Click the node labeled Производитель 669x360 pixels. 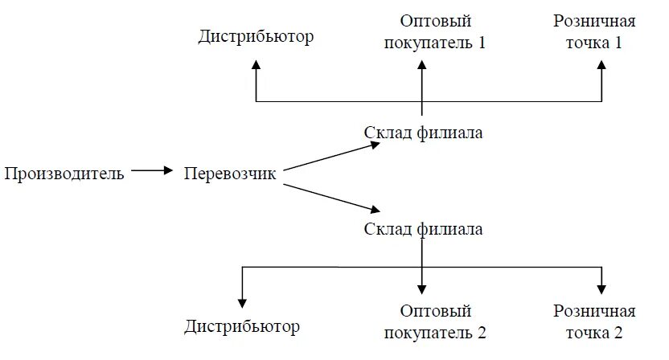pyautogui.click(x=64, y=173)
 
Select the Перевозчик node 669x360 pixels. pyautogui.click(x=229, y=173)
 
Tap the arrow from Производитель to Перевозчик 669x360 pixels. pyautogui.click(x=152, y=170)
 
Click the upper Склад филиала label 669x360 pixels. pyautogui.click(x=423, y=133)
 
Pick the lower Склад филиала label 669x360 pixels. pyautogui.click(x=423, y=229)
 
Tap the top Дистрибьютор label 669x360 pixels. pyautogui.click(x=256, y=37)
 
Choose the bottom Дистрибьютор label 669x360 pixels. pyautogui.click(x=241, y=326)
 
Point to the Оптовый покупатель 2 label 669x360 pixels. pyautogui.click(x=435, y=321)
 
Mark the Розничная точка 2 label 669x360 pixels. pyautogui.click(x=594, y=321)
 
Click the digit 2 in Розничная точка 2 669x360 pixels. pyautogui.click(x=618, y=331)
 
